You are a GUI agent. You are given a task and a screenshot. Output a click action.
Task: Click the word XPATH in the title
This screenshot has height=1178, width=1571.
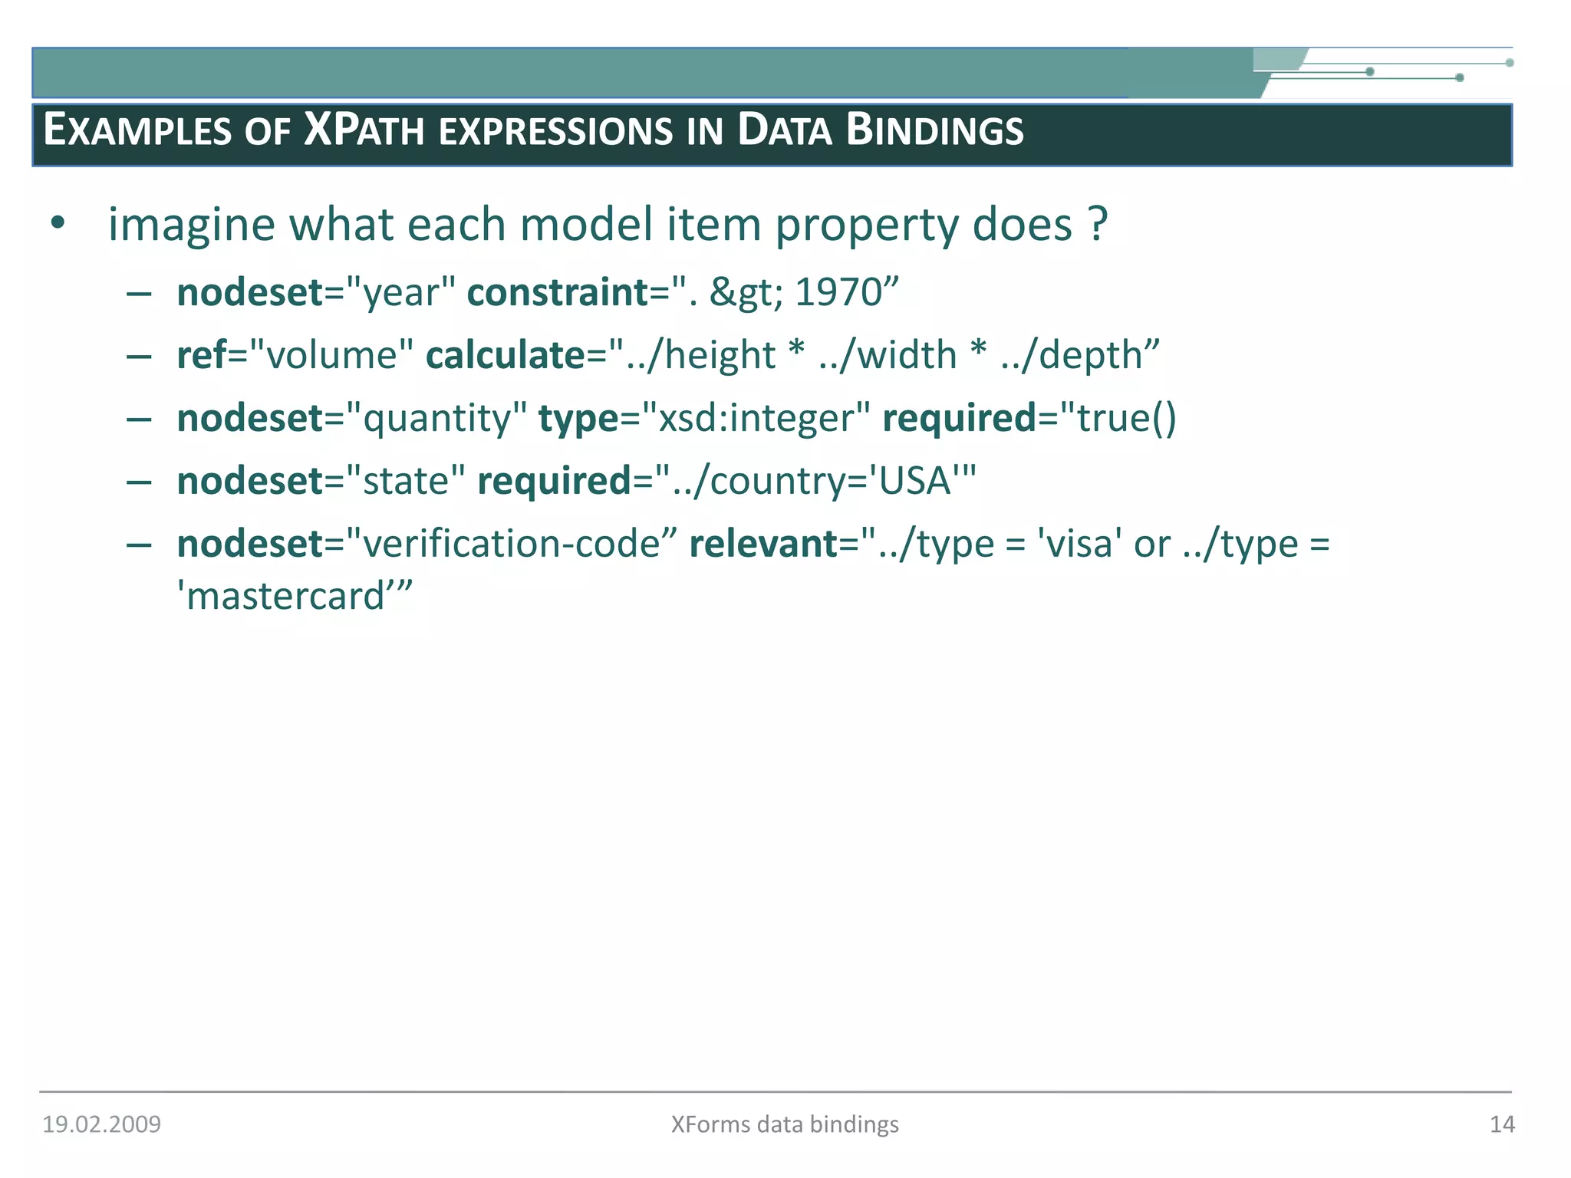point(364,130)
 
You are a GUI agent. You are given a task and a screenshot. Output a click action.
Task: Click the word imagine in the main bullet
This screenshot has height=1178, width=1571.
point(191,225)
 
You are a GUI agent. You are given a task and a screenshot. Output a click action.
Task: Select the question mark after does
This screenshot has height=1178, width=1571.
point(1098,225)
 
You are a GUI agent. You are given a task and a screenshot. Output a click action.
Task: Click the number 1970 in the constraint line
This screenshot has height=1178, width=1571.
point(838,292)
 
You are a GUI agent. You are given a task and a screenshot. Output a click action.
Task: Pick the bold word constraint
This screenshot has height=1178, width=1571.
point(558,292)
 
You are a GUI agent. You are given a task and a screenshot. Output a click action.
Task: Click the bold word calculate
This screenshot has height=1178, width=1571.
point(506,355)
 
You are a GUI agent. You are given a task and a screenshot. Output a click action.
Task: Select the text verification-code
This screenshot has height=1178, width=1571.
point(511,544)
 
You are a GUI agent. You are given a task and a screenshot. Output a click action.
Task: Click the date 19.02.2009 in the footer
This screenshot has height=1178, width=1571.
point(101,1124)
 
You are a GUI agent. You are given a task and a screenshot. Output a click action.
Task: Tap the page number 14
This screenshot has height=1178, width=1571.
point(1502,1124)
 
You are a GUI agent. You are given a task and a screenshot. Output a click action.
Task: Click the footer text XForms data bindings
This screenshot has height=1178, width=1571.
point(785,1124)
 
